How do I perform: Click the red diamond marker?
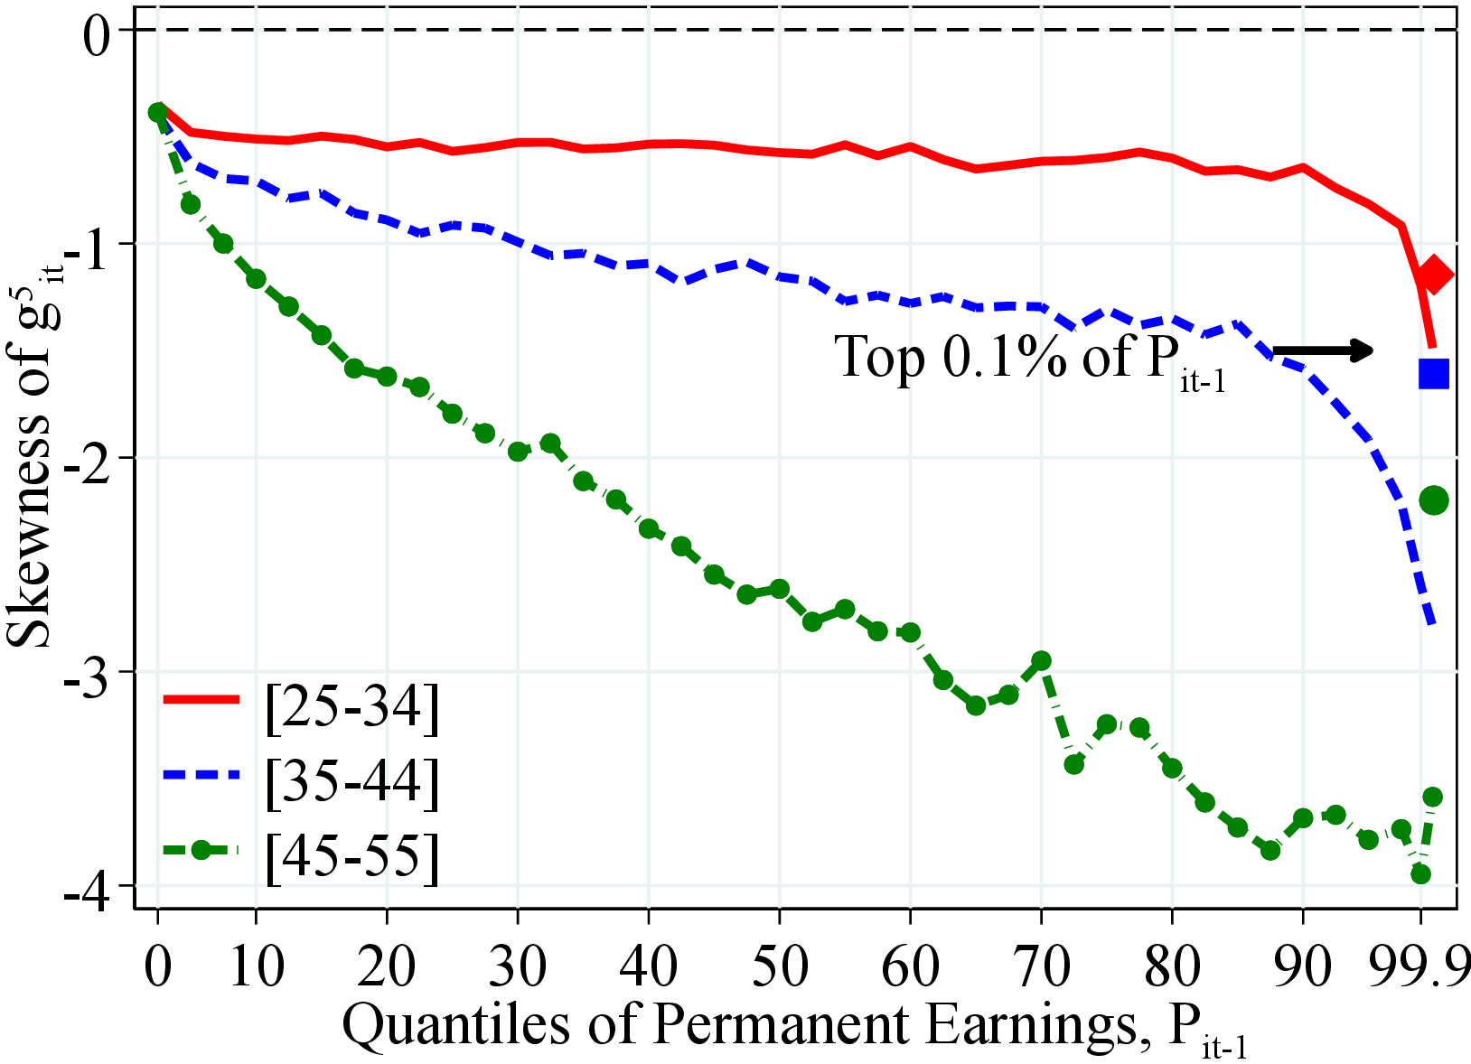[1434, 275]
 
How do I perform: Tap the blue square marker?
[1434, 373]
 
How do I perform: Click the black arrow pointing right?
[1323, 350]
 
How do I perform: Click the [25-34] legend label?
[352, 705]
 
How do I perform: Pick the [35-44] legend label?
[352, 779]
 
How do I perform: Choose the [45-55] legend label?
[352, 854]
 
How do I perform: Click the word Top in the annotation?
[880, 357]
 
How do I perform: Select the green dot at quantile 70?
[1041, 661]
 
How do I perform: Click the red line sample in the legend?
[201, 699]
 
